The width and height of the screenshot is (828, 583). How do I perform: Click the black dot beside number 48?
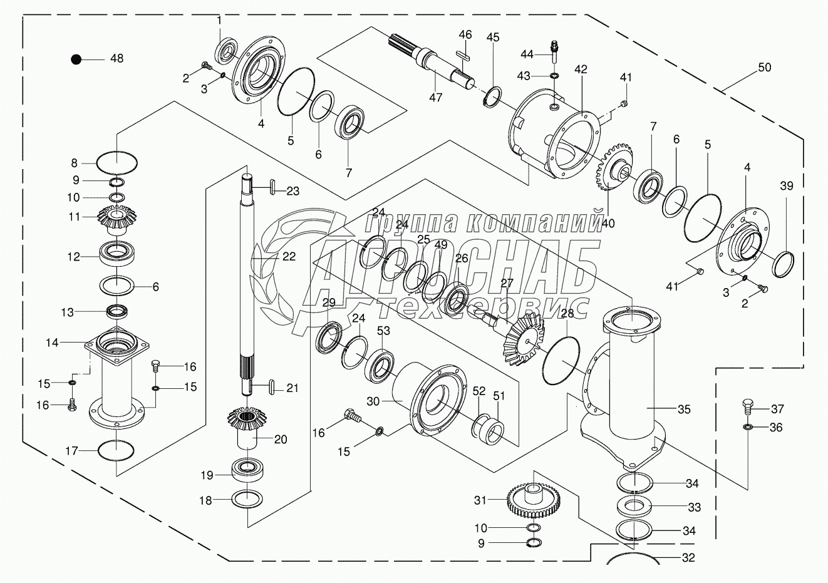click(76, 59)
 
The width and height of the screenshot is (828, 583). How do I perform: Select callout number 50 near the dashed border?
click(764, 68)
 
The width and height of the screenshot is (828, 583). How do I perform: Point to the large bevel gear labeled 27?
click(526, 338)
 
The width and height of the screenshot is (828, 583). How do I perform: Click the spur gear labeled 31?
click(533, 498)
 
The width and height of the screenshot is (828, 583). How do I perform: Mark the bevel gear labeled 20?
click(249, 425)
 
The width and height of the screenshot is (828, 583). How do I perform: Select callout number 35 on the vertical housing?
click(684, 410)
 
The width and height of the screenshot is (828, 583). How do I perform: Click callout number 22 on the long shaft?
click(289, 256)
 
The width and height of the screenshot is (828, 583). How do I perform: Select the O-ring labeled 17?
click(116, 450)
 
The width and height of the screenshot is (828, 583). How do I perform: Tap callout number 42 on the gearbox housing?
click(581, 70)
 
